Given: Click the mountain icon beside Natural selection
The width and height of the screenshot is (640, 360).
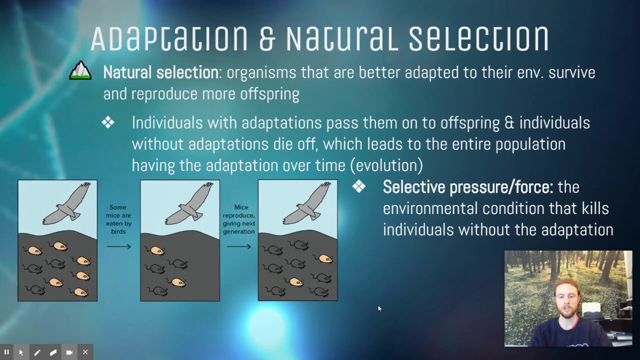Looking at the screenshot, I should point(80,71).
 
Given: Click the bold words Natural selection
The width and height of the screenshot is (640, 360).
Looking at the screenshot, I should point(160,72).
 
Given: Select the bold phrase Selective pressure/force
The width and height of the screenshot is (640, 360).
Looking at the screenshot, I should point(467,187).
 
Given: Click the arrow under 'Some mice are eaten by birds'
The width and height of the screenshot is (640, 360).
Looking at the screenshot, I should point(118,246).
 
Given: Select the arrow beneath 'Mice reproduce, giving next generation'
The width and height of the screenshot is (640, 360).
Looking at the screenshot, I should point(238,246).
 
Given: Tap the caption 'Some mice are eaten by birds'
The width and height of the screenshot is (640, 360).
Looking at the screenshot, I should point(118,219).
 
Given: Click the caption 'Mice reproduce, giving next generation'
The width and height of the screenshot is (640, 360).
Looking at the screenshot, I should point(238,219).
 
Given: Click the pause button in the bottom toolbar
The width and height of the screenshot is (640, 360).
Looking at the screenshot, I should point(6,352).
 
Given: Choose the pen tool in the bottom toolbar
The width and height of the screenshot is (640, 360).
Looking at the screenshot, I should point(37,352).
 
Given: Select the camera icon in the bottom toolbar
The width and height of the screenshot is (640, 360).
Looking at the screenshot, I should point(69,352).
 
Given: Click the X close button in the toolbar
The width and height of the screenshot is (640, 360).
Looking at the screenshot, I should point(85,352).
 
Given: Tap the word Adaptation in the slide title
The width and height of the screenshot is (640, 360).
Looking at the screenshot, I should point(169,38).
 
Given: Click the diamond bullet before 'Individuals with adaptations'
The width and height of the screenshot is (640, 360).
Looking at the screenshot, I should point(107,122).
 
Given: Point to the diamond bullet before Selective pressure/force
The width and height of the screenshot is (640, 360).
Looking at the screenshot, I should point(359,186).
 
